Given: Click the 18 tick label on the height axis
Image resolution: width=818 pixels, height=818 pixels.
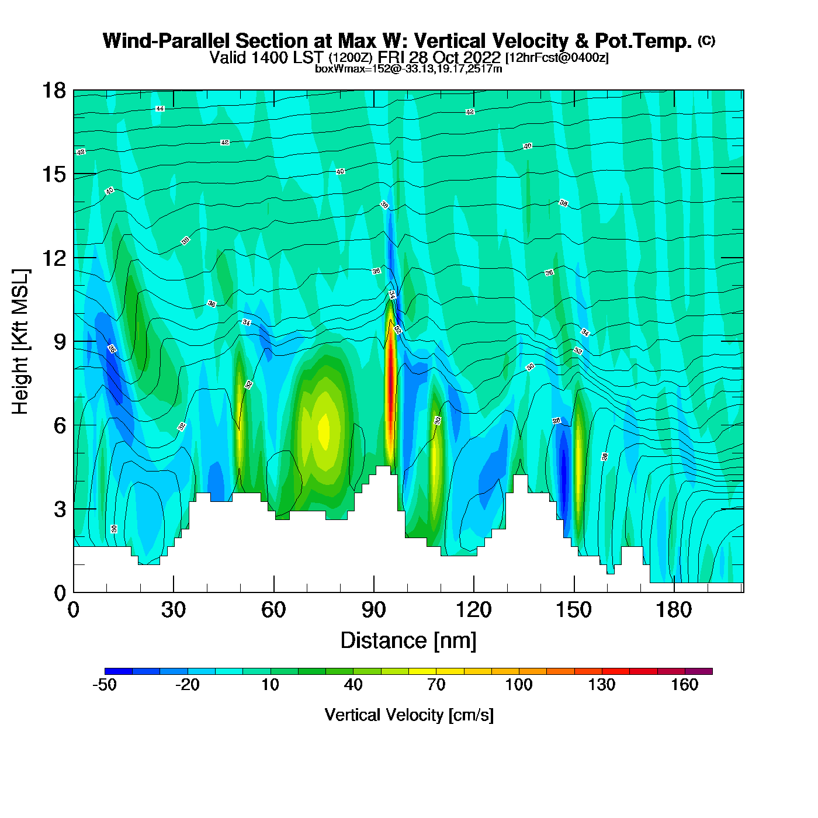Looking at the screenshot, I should coord(54,91).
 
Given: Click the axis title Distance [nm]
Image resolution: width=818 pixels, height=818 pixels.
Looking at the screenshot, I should coord(408,641).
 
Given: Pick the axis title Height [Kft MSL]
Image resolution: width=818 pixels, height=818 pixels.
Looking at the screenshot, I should coord(20,342).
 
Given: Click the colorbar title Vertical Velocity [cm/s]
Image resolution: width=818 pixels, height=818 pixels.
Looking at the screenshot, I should coord(409,715).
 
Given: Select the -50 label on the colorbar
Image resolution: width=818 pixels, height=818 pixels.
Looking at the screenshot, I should coord(105,685).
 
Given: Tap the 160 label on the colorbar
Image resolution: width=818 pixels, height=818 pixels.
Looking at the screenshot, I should coord(684,685).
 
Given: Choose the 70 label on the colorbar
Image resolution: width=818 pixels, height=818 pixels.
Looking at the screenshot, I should coord(436,685).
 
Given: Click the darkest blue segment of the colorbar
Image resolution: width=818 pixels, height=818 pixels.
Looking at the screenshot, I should coord(119,671).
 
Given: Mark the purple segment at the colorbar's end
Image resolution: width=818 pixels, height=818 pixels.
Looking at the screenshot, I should coord(699,671).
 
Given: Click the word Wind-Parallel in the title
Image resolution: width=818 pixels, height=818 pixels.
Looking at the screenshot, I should coord(167,41).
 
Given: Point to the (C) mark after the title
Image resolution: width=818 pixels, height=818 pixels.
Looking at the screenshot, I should coord(706,40).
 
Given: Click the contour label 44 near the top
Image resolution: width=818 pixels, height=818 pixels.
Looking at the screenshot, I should coord(160,109).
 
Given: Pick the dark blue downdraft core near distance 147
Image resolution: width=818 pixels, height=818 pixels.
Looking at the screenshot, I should coord(564,467).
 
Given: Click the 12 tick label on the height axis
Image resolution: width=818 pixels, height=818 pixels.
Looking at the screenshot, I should coord(54,258).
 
